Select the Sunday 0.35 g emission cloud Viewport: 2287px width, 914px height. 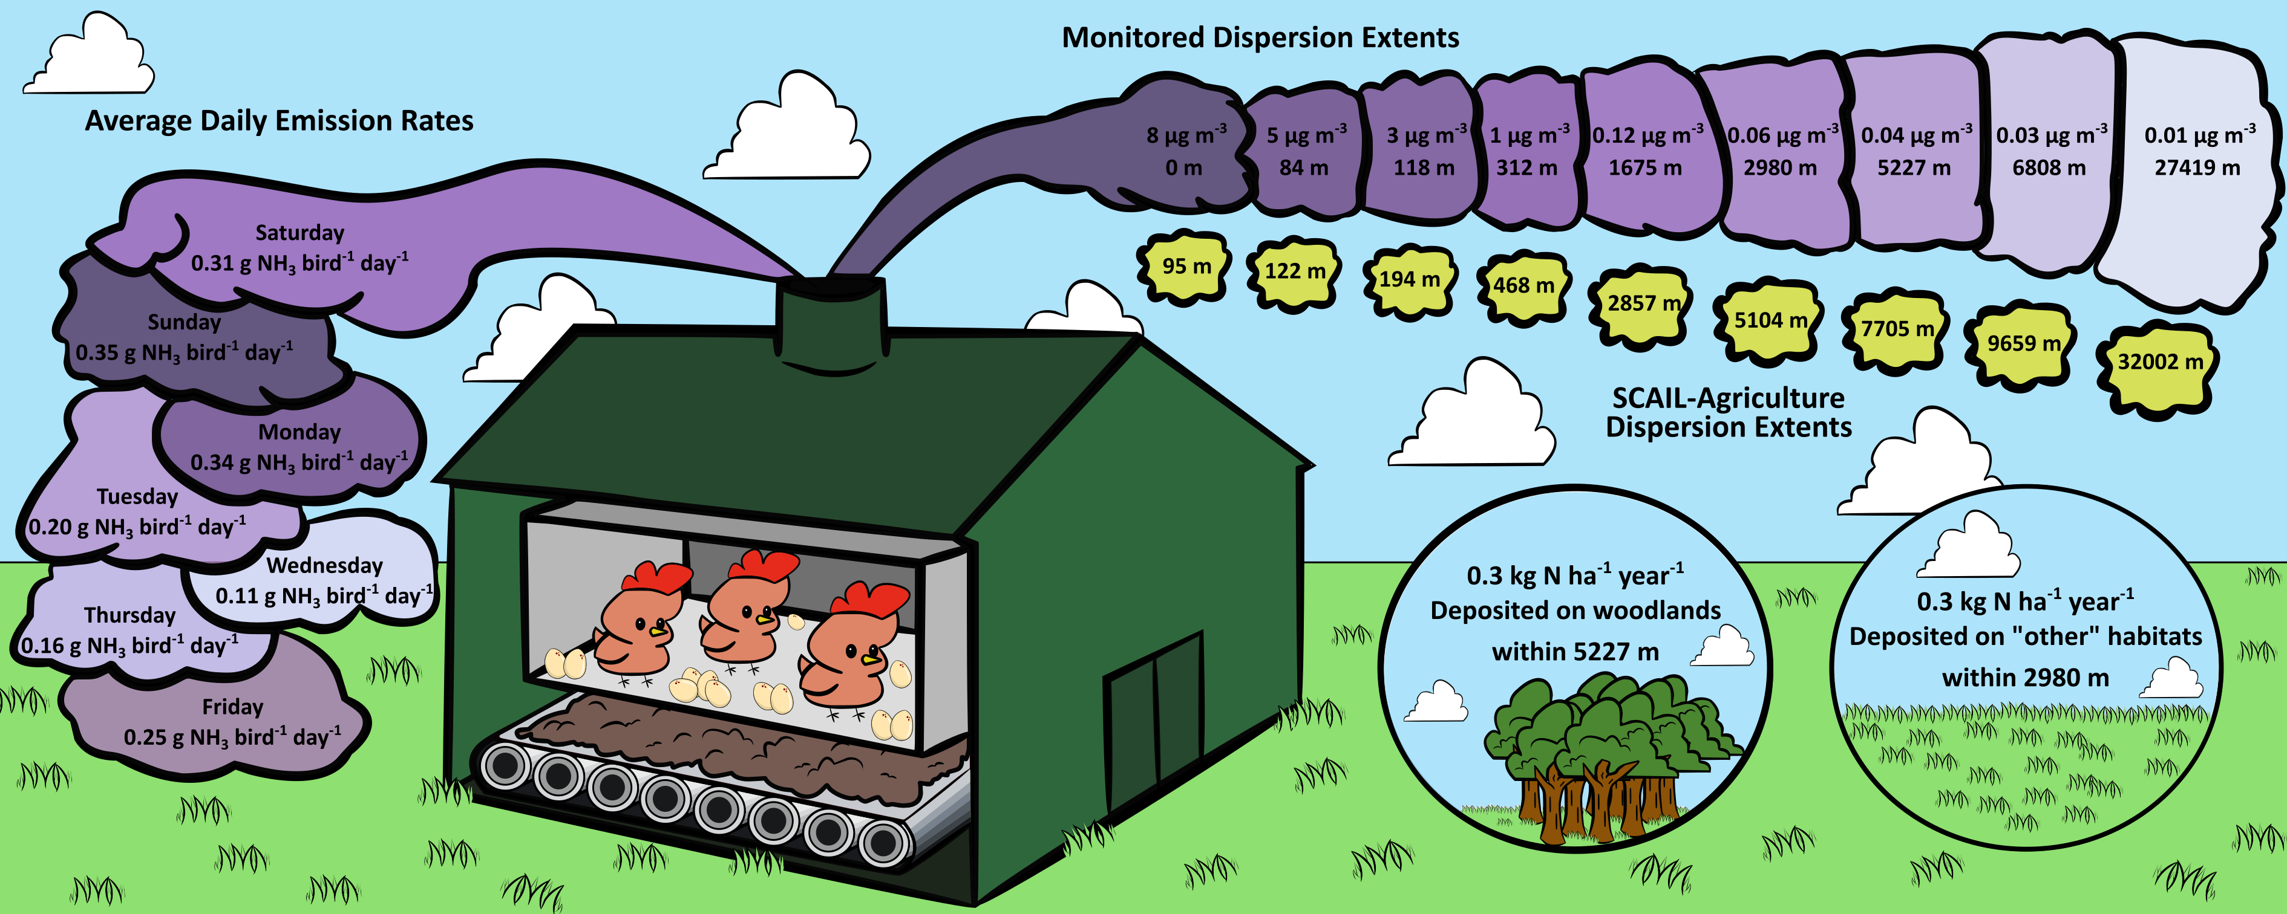[184, 338]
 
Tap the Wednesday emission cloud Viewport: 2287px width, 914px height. [324, 580]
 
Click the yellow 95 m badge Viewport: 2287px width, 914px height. [1186, 266]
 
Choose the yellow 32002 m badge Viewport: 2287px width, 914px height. [2159, 362]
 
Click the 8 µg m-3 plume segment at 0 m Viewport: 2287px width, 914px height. [1185, 152]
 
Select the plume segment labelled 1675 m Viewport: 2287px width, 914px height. [1645, 152]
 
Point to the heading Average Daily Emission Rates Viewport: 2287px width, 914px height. [279, 121]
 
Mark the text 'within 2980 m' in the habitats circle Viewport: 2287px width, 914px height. [2025, 678]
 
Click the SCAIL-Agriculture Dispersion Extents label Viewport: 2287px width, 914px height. [1728, 413]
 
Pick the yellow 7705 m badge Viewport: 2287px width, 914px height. [1897, 329]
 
